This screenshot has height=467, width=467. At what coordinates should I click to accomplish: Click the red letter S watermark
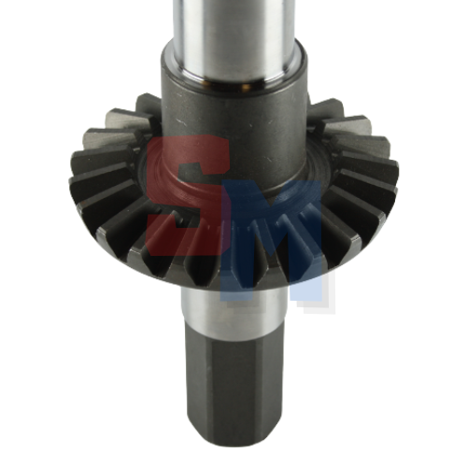click(x=187, y=196)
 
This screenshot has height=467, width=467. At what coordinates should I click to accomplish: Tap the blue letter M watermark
click(x=271, y=240)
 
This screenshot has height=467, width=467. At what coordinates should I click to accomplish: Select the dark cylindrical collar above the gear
click(x=234, y=124)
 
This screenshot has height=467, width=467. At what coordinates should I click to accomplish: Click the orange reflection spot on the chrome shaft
click(x=246, y=86)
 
